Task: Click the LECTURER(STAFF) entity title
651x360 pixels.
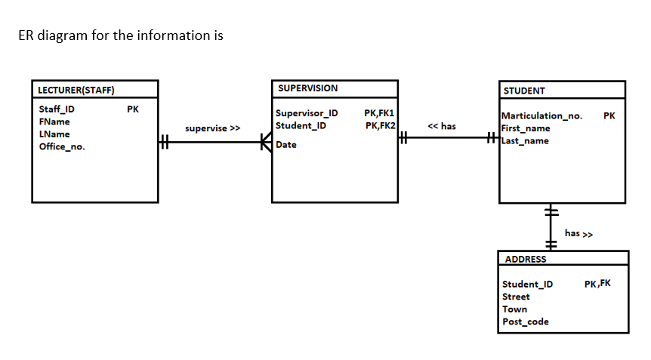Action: click(76, 91)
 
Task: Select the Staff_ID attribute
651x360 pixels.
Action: click(57, 109)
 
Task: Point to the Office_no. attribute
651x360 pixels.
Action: click(62, 146)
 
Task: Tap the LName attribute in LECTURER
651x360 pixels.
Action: click(54, 134)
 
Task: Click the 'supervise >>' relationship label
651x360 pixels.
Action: click(212, 128)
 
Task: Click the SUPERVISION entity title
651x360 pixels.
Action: click(307, 88)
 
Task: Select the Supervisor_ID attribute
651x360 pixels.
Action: click(307, 113)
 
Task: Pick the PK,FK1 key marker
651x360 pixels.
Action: click(379, 113)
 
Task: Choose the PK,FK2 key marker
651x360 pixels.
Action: click(379, 125)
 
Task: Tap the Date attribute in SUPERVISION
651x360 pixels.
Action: click(286, 145)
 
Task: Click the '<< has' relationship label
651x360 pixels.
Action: click(442, 126)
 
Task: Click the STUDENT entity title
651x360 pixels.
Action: click(524, 91)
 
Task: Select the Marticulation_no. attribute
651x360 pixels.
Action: click(542, 116)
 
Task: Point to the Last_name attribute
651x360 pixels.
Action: click(526, 141)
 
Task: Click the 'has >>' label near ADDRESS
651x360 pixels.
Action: click(578, 233)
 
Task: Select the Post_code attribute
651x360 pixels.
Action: click(526, 322)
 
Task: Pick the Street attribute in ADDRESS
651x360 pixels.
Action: click(517, 297)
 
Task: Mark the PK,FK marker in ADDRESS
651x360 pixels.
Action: click(597, 284)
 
